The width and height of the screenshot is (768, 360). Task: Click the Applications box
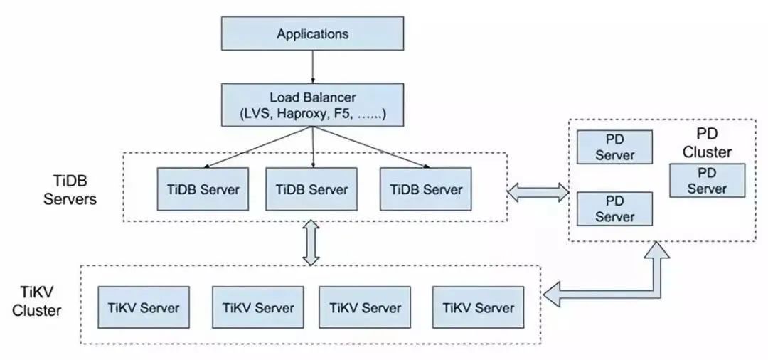[313, 33]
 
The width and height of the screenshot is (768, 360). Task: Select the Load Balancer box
[313, 105]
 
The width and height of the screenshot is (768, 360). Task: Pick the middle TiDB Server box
[312, 189]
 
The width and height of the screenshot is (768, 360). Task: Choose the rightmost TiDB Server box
[425, 189]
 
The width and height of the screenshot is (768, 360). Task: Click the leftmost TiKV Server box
[144, 307]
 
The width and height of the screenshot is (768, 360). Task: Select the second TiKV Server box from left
[257, 307]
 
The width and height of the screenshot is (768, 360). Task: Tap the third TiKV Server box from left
[365, 307]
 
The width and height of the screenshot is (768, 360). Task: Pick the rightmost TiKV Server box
[478, 307]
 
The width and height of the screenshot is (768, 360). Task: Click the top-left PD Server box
[614, 147]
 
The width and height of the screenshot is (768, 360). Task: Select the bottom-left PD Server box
[614, 208]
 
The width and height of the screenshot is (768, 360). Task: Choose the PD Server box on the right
[707, 180]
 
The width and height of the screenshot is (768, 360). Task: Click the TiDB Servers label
[70, 189]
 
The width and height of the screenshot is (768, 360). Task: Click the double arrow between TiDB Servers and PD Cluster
[539, 190]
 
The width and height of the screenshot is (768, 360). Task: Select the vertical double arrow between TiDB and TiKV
[311, 243]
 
